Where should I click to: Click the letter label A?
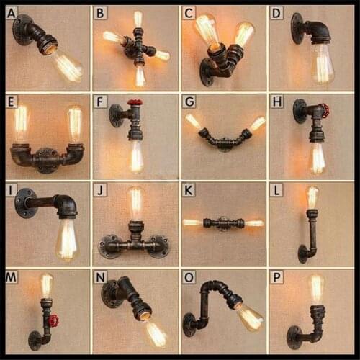(12, 12)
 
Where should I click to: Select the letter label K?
(189, 190)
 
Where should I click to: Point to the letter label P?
(276, 277)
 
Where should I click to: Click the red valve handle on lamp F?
(135, 103)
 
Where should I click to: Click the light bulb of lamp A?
(68, 66)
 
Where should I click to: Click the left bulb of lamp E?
(22, 123)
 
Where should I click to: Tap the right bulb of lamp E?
(75, 123)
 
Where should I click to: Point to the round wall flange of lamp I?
(26, 202)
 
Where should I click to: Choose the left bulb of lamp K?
(192, 222)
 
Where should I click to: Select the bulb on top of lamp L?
(312, 196)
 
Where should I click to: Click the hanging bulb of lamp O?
(249, 316)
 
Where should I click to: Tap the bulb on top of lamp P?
(316, 288)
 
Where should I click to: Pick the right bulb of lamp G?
(256, 124)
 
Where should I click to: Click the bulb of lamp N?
(155, 333)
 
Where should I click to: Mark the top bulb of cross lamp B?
(138, 19)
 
